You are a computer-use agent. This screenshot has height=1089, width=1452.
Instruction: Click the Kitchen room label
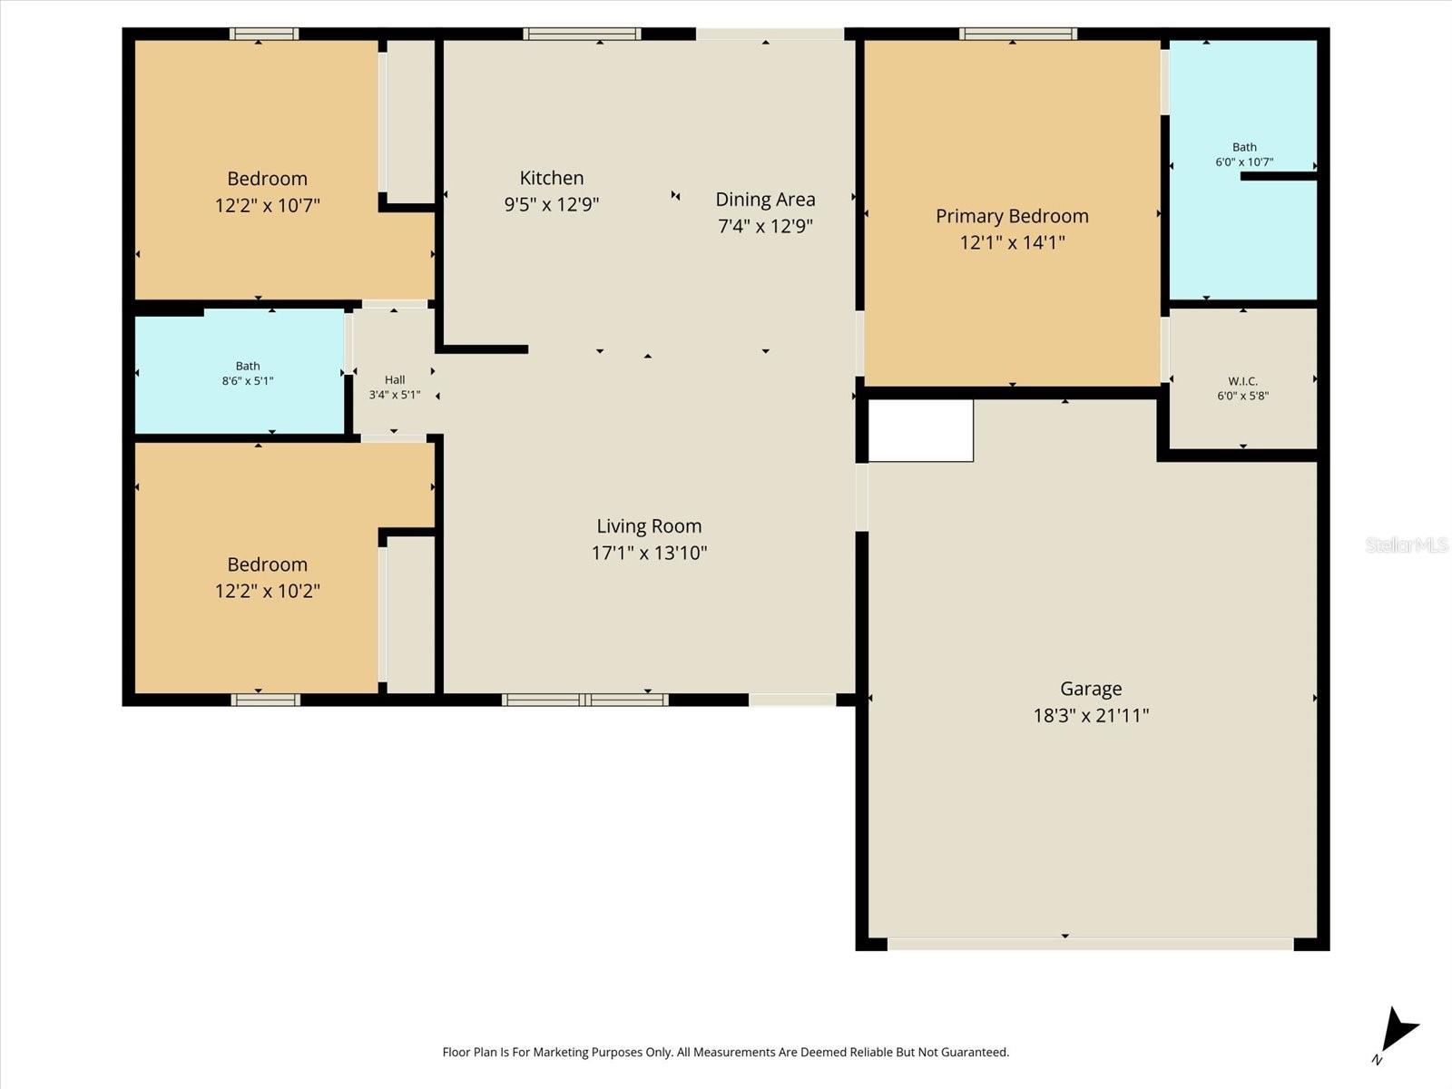(x=551, y=178)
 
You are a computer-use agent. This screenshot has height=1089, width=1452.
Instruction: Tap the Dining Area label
(x=765, y=200)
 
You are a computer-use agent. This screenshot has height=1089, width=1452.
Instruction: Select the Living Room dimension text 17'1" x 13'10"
(x=649, y=553)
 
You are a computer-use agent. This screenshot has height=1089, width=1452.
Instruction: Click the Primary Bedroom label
(x=1012, y=216)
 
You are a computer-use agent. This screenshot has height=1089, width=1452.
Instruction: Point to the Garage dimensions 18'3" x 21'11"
(x=1091, y=715)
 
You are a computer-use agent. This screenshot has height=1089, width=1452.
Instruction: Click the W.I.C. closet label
(x=1242, y=381)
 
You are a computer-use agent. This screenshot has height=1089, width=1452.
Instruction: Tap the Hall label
(x=394, y=380)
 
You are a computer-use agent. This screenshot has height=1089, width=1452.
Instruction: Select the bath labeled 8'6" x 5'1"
(x=248, y=374)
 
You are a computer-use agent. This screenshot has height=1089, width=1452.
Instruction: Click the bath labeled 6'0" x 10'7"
(x=1244, y=154)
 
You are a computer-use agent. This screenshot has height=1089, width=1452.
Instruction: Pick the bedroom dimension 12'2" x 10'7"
(x=267, y=205)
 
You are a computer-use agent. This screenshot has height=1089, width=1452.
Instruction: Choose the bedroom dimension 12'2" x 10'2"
(x=267, y=591)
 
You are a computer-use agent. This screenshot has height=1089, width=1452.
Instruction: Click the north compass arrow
(x=1398, y=1032)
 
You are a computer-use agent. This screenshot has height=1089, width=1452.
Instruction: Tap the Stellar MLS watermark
(x=1406, y=544)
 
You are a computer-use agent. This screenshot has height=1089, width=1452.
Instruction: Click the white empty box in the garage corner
(x=920, y=430)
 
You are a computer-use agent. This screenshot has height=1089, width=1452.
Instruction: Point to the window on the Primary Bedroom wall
(x=1018, y=34)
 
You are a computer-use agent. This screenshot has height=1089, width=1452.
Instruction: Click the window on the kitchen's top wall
(x=582, y=34)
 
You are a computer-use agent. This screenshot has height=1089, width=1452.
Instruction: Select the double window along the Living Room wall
(x=584, y=700)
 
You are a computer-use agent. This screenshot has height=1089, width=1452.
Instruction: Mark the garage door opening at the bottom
(x=1089, y=945)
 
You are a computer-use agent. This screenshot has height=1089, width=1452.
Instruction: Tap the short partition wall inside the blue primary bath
(x=1278, y=176)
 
